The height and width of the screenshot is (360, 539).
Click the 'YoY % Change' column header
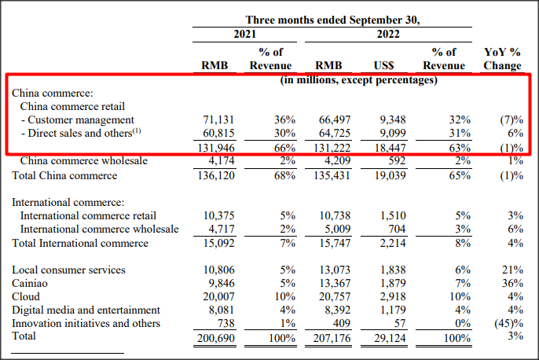[x=502, y=59]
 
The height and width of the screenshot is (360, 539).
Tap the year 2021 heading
[x=244, y=35]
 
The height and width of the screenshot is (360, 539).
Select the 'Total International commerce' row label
[x=80, y=243]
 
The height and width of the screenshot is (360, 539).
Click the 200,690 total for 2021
[x=215, y=336]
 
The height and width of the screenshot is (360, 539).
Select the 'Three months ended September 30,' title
[x=332, y=20]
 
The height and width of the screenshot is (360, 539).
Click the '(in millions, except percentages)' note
[x=359, y=79]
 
